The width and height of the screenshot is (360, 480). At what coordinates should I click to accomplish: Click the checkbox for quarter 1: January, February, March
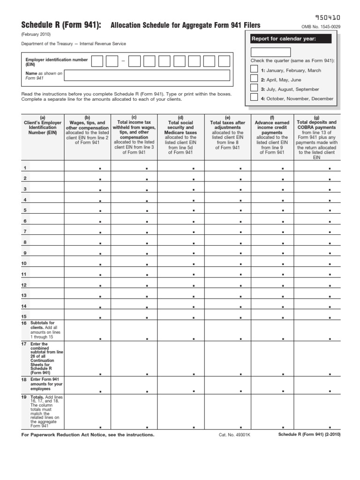[254, 69]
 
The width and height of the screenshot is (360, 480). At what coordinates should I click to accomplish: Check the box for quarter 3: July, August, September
[254, 88]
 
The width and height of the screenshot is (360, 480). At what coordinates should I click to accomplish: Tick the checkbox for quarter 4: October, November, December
[254, 97]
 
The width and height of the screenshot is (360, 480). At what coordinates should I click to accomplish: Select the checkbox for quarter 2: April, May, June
[254, 79]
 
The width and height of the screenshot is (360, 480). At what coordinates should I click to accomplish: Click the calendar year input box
[270, 52]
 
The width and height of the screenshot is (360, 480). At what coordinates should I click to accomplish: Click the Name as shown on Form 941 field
[147, 75]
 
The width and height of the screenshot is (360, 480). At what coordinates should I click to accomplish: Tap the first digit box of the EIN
[97, 61]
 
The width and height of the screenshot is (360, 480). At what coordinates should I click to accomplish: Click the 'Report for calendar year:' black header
[291, 38]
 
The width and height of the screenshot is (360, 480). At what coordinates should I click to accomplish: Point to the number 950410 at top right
[328, 17]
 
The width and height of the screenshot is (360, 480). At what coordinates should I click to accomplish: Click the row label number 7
[25, 232]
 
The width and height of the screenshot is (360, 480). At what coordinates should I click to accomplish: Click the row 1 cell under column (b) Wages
[87, 166]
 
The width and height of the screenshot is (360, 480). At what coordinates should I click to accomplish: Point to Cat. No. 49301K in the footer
[234, 435]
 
